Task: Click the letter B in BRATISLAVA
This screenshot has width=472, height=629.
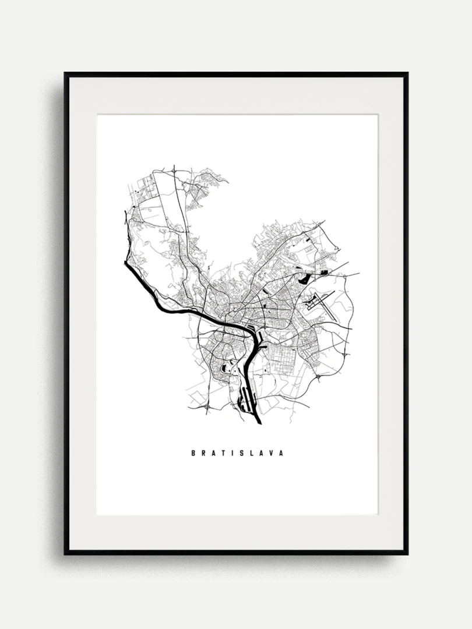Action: pyautogui.click(x=193, y=453)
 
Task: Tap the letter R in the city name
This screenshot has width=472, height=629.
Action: pyautogui.click(x=203, y=453)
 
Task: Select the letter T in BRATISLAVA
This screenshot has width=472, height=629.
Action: pyautogui.click(x=224, y=453)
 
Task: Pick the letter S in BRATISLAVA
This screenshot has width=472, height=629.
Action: pyautogui.click(x=242, y=453)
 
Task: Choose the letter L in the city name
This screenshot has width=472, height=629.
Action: pyautogui.click(x=252, y=453)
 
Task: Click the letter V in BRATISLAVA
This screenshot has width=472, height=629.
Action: pyautogui.click(x=272, y=453)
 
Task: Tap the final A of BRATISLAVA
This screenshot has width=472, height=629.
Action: pyautogui.click(x=281, y=453)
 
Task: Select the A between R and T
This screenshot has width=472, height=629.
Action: pyautogui.click(x=213, y=453)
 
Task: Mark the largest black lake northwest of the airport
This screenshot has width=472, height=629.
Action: pyautogui.click(x=304, y=278)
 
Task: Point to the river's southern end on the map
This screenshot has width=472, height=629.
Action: pyautogui.click(x=259, y=422)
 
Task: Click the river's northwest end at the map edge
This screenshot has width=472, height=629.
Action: pyautogui.click(x=126, y=264)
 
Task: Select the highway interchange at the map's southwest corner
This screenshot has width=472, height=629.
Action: pyautogui.click(x=208, y=409)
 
